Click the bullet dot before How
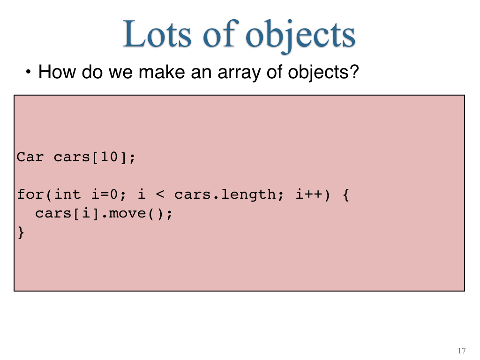pos(28,72)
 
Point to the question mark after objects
pos(354,71)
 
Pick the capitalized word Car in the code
pos(30,157)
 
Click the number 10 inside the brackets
pos(109,157)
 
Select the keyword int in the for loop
pos(67,195)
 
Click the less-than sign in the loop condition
pos(160,195)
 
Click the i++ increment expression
pos(309,195)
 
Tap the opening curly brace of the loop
pos(346,195)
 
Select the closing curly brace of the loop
pos(21,232)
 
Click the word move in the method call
pos(127,213)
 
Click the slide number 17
pos(462,351)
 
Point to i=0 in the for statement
pos(108,195)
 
